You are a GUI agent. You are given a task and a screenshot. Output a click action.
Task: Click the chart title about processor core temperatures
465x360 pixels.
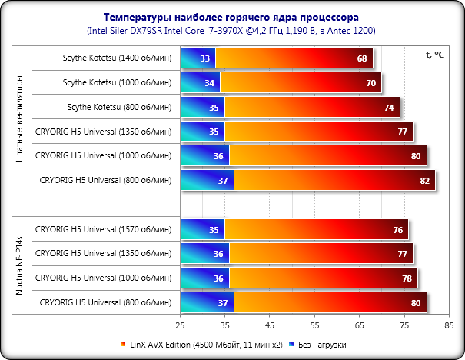click(x=232, y=17)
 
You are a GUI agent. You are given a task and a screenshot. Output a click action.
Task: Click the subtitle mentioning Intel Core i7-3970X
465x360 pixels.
click(x=232, y=30)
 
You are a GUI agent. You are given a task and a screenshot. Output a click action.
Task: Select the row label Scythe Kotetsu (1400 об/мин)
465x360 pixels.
click(x=118, y=58)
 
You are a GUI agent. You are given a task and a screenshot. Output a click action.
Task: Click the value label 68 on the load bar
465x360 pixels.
click(x=361, y=58)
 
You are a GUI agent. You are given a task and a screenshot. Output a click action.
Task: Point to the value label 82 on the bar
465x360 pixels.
click(x=423, y=181)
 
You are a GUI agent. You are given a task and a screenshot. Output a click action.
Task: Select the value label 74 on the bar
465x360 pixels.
click(x=388, y=108)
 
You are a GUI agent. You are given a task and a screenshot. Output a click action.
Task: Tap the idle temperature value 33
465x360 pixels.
click(x=205, y=58)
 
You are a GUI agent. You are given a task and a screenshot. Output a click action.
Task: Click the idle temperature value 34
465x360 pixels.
click(x=210, y=83)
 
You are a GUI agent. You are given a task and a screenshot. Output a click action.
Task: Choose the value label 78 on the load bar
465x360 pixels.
click(x=406, y=278)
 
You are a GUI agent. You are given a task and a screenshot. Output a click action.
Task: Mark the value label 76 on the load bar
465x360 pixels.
click(x=397, y=230)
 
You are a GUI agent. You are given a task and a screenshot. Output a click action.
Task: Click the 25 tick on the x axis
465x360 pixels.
click(x=181, y=325)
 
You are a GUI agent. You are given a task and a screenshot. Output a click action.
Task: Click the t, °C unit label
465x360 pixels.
click(x=435, y=55)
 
